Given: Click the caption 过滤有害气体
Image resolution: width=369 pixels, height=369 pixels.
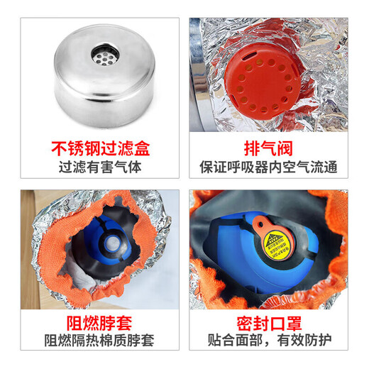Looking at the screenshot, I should tap(103, 169).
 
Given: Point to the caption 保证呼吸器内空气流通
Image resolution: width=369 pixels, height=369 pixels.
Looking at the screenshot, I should tap(268, 169).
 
